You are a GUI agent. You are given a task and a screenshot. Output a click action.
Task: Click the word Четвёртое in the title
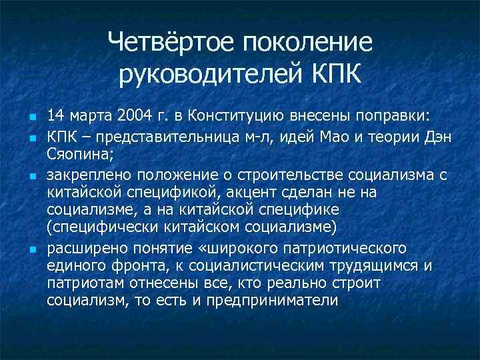click(x=171, y=43)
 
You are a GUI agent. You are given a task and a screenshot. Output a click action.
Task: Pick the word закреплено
click(x=89, y=175)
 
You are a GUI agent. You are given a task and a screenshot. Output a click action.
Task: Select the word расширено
click(x=85, y=249)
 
